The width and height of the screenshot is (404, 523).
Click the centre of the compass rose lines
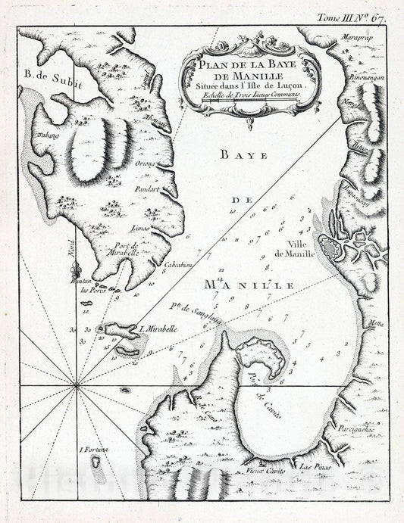(x=76, y=387)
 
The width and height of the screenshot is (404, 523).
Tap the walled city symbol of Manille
(x=331, y=247)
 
